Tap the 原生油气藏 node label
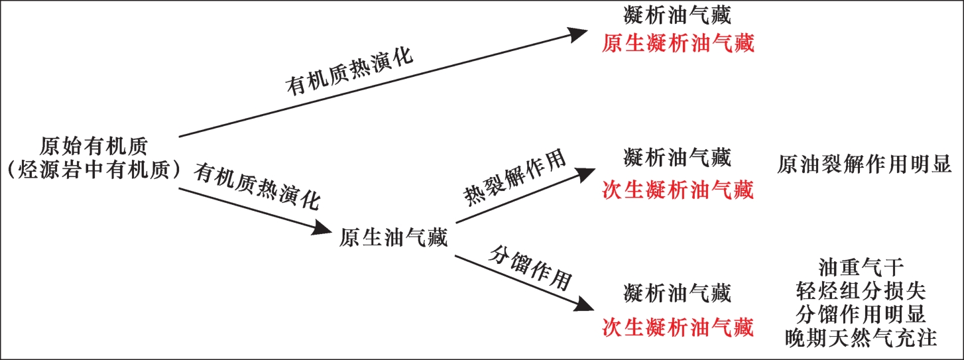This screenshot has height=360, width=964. point(394,237)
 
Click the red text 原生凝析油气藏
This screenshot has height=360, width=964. point(678,44)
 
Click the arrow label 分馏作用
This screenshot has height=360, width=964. point(530,267)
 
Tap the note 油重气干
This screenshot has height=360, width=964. point(861,268)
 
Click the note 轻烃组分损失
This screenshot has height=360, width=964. point(861,291)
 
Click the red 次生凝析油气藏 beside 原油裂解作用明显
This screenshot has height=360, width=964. point(678,191)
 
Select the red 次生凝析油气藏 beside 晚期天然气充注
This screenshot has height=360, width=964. point(678,327)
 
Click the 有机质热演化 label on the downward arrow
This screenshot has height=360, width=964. point(257,188)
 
